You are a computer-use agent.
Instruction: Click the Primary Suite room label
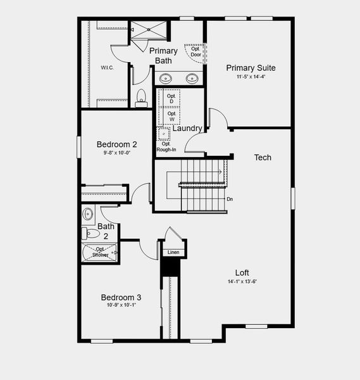click(x=251, y=68)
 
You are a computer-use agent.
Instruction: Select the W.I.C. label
click(x=107, y=67)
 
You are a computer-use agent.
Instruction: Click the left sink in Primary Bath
click(x=165, y=79)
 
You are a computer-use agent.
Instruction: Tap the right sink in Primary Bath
click(x=192, y=79)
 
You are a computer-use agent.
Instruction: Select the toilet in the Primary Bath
click(x=141, y=98)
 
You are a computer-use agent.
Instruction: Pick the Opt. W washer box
click(x=171, y=117)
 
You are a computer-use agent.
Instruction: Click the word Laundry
click(x=187, y=129)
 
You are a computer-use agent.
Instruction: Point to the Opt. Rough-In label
click(x=166, y=147)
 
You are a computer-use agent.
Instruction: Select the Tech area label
click(x=263, y=157)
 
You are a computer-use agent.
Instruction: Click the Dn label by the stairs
click(x=230, y=199)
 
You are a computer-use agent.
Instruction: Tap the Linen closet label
click(x=173, y=253)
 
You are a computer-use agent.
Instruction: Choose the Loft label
click(x=242, y=273)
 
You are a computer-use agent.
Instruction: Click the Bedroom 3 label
click(x=121, y=297)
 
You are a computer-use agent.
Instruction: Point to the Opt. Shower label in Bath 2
click(x=101, y=252)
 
